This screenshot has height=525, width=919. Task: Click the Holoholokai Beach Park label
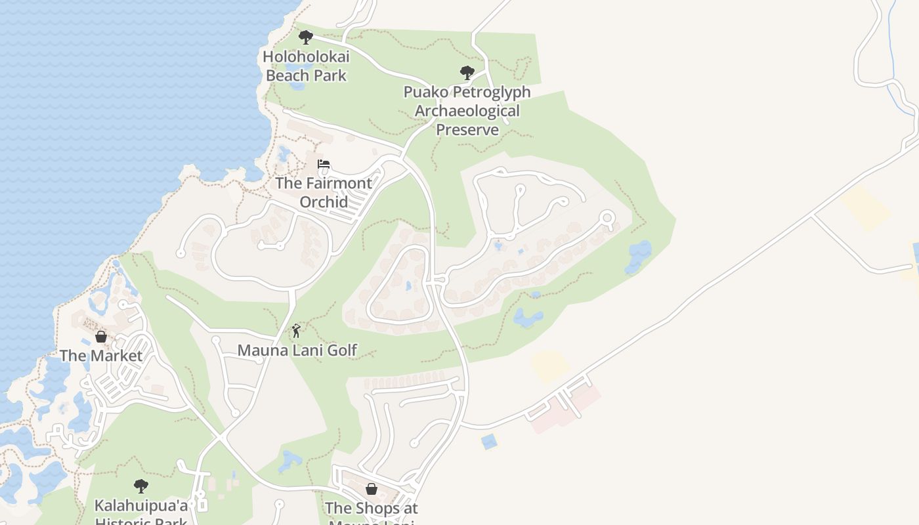tap(306, 66)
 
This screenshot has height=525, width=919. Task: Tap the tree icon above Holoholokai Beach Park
tap(305, 37)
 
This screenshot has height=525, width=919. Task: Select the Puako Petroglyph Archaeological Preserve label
tap(467, 110)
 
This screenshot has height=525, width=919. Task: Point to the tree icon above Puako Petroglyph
tap(467, 72)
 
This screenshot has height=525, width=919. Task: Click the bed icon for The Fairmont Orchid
tap(323, 164)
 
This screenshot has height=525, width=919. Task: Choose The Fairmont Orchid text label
tap(323, 192)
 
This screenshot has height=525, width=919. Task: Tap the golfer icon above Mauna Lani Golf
tap(296, 331)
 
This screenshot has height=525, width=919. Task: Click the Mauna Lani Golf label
tap(297, 350)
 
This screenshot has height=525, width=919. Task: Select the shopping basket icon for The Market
tap(101, 337)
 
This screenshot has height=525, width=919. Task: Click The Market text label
tap(101, 356)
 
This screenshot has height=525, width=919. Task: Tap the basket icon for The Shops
tap(371, 489)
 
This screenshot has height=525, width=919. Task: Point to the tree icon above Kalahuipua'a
tap(140, 486)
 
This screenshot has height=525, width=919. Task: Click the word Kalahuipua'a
tap(141, 505)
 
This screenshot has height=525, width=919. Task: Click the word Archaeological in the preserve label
tap(467, 111)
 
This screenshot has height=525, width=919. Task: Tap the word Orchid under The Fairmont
tap(323, 201)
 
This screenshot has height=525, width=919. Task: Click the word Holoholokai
tap(306, 56)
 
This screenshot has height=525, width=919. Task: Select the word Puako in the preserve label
tap(427, 92)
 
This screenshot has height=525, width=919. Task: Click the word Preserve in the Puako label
tap(467, 129)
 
